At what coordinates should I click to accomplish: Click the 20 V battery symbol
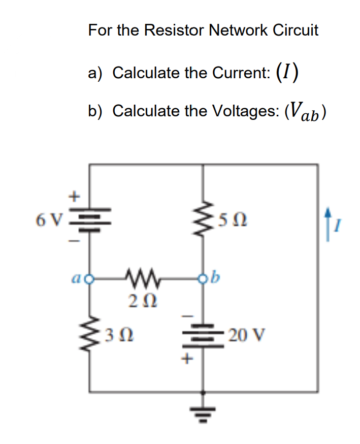[x=205, y=336]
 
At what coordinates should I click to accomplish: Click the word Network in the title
[x=227, y=30]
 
